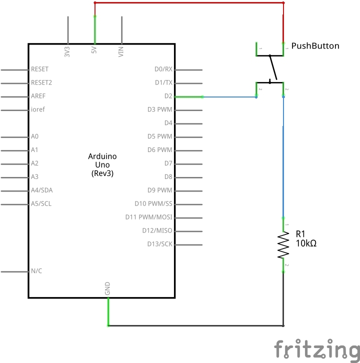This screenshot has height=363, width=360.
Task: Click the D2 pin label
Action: [x=167, y=96]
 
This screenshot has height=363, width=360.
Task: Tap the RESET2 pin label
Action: [x=41, y=82]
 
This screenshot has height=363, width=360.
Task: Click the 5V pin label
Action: [x=94, y=50]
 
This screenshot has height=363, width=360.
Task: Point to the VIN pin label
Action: [x=120, y=51]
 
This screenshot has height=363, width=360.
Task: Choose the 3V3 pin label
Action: [x=67, y=51]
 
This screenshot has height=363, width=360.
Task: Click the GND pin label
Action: [x=107, y=288]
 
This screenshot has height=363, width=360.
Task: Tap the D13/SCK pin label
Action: [x=159, y=244]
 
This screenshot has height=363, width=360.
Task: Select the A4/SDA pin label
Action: [x=41, y=190]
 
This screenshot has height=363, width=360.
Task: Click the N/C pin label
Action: [x=36, y=271]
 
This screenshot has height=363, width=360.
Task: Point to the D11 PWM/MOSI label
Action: [x=148, y=217]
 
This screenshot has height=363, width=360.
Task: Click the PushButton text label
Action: [x=315, y=46]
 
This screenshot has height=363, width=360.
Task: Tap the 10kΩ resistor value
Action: [x=306, y=243]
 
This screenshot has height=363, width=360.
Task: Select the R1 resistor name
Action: [x=300, y=234]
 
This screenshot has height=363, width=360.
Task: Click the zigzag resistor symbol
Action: [x=283, y=244]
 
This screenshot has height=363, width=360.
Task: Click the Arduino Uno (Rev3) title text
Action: [x=102, y=164]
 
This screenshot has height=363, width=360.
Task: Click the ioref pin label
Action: [x=38, y=109]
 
